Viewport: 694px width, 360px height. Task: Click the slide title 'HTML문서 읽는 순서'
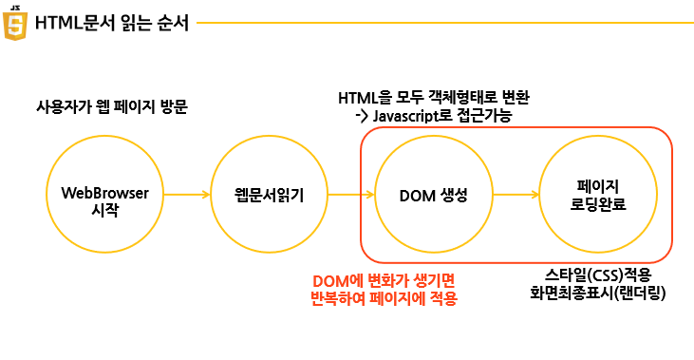point(112,23)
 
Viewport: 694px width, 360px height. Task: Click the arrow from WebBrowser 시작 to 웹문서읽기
point(187,195)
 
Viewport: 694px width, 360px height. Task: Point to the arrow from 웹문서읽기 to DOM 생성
point(351,195)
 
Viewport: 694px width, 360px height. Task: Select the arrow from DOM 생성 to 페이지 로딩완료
point(516,195)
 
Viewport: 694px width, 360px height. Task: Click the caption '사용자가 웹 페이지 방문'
point(112,106)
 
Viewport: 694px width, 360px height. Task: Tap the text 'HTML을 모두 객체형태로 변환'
point(434,98)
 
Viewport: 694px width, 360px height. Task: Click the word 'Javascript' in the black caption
point(403,116)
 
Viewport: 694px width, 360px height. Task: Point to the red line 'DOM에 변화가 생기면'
point(384,281)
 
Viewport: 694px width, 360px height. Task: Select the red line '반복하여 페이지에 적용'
point(384,298)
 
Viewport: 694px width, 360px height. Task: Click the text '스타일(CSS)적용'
point(598,275)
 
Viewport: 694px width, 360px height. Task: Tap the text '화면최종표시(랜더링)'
point(598,294)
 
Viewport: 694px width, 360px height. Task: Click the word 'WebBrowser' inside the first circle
point(104,193)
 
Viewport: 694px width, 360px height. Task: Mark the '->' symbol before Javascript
point(362,117)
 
